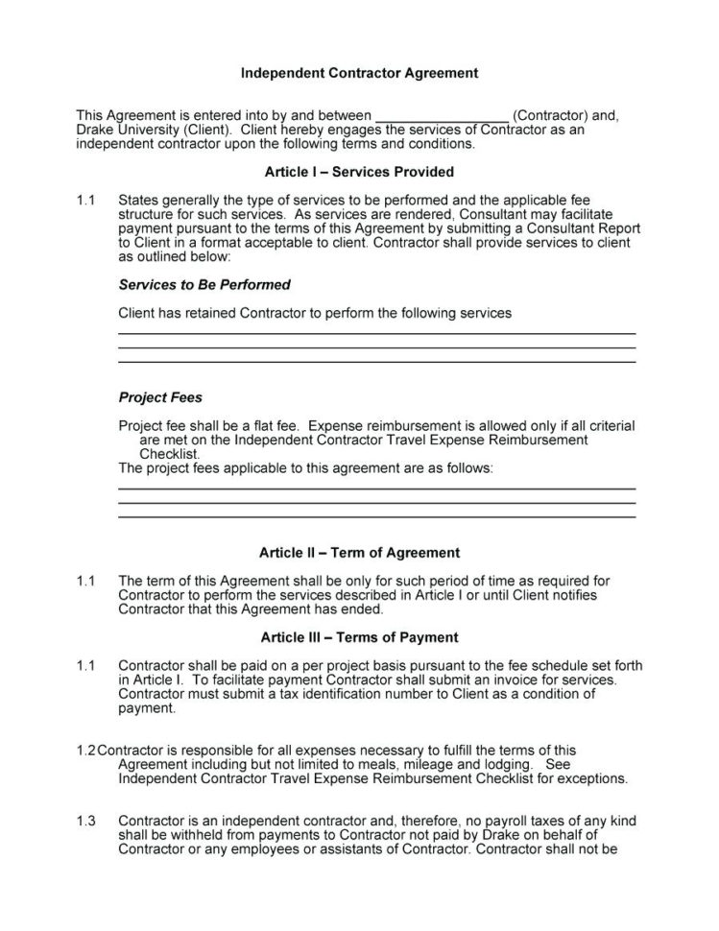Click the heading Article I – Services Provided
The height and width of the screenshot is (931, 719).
pos(359,173)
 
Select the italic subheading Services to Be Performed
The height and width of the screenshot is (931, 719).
pos(204,285)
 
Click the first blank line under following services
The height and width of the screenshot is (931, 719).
pos(376,333)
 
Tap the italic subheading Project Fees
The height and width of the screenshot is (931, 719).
pos(159,397)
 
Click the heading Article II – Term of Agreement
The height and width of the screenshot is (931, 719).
pos(359,553)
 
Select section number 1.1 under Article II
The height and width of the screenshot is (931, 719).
pos(86,581)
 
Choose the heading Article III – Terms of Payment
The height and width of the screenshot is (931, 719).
pos(359,637)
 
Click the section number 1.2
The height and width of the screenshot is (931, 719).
pos(86,751)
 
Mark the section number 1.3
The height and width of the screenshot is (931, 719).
pos(86,822)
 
